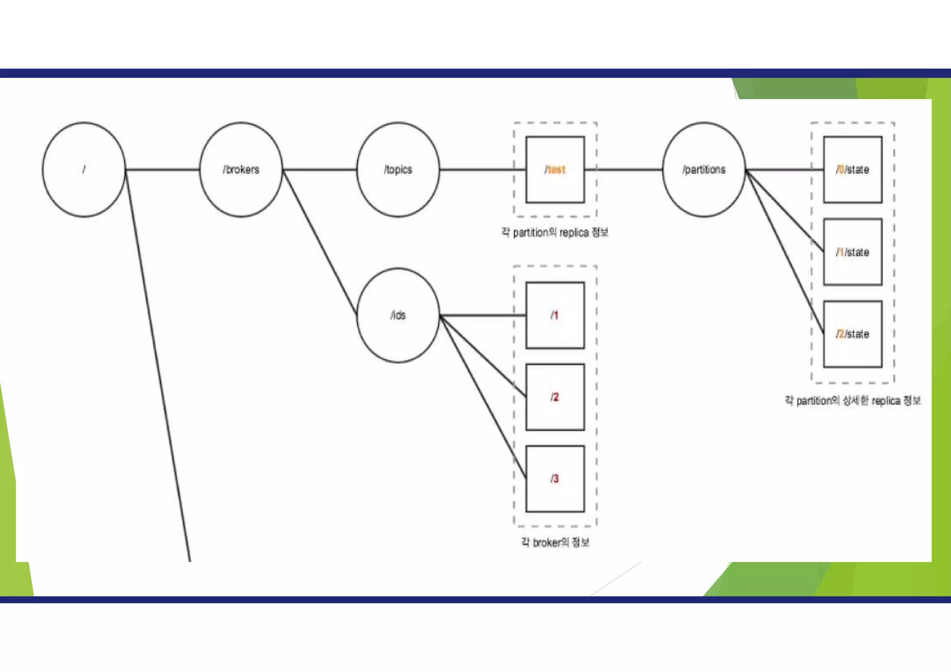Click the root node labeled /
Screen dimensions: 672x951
[84, 169]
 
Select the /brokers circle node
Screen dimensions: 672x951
[241, 169]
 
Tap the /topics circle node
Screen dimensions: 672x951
[398, 169]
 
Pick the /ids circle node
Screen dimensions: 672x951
[398, 315]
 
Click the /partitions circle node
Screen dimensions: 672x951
[703, 169]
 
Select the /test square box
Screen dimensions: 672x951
[555, 169]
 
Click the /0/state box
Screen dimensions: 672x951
[853, 169]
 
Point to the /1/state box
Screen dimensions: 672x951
[853, 252]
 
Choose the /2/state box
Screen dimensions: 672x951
[853, 334]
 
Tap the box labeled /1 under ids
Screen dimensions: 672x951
[555, 315]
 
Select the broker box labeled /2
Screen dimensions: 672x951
[555, 397]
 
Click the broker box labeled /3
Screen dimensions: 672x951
[555, 479]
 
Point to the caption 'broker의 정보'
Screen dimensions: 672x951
[555, 542]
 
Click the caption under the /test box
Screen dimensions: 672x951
[555, 232]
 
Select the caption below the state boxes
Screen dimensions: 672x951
[853, 401]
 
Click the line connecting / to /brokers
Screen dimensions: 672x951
[163, 169]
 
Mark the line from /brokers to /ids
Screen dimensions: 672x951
[319, 241]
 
